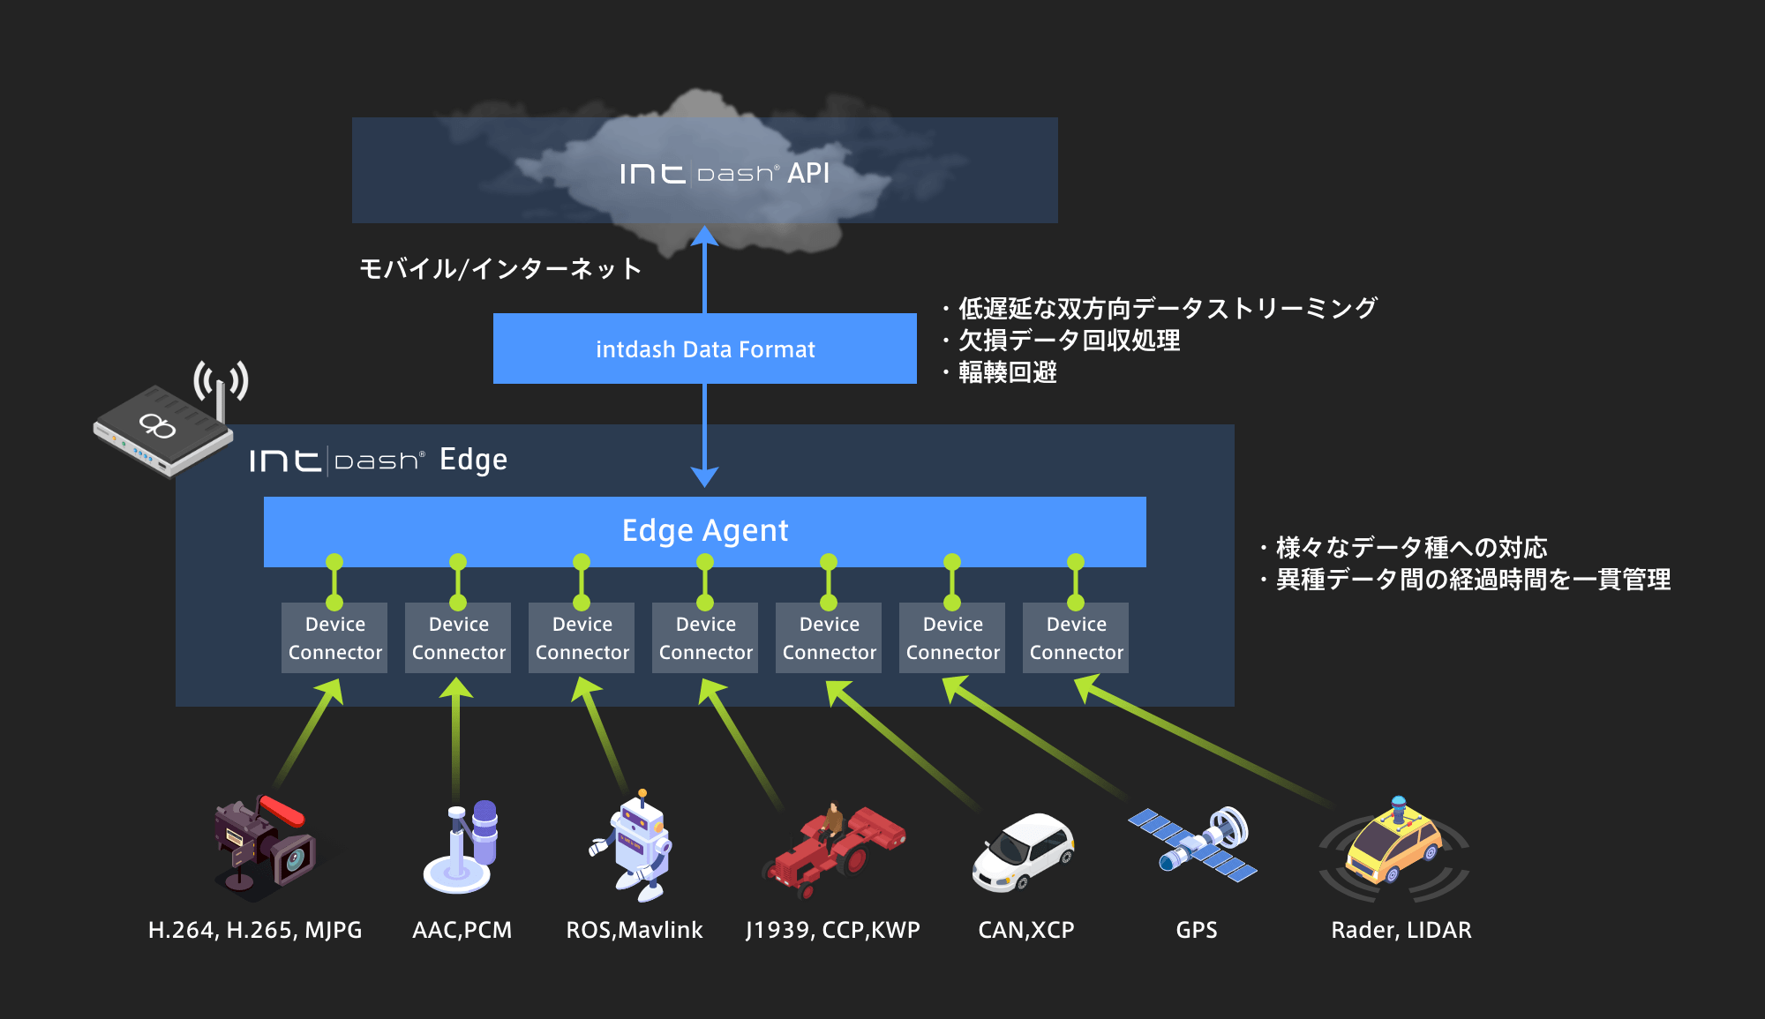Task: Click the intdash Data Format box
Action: pyautogui.click(x=705, y=348)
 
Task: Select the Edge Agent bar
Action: pyautogui.click(x=705, y=531)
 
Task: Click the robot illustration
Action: pyautogui.click(x=632, y=845)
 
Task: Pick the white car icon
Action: pyautogui.click(x=1023, y=851)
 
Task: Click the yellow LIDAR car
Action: pyautogui.click(x=1394, y=848)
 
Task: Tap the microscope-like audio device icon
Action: pyautogui.click(x=461, y=846)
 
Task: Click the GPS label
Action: pyautogui.click(x=1197, y=930)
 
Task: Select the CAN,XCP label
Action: pyautogui.click(x=1026, y=931)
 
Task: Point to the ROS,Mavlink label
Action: pyautogui.click(x=635, y=931)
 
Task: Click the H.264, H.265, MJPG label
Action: pyautogui.click(x=255, y=931)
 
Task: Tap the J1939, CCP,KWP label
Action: pyautogui.click(x=833, y=931)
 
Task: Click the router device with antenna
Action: pyautogui.click(x=170, y=419)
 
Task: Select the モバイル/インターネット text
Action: pyautogui.click(x=500, y=268)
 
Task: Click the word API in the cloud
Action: pyautogui.click(x=808, y=173)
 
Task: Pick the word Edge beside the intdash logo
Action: pyautogui.click(x=473, y=460)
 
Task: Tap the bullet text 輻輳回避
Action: pyautogui.click(x=1008, y=372)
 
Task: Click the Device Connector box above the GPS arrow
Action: pyautogui.click(x=952, y=638)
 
